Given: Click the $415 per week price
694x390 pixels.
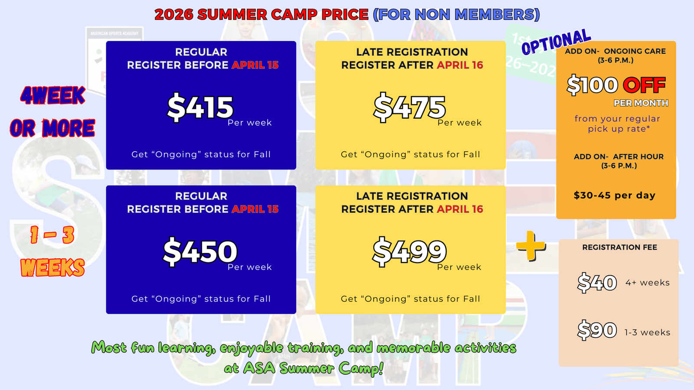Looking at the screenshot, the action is [200, 107].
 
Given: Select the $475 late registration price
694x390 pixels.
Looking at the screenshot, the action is [409, 107].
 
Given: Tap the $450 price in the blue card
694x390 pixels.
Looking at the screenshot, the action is [200, 251].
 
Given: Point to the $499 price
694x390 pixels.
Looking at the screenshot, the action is [409, 251].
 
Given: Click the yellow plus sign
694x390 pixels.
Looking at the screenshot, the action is [531, 246].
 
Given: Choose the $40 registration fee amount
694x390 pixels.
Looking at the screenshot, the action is [597, 283].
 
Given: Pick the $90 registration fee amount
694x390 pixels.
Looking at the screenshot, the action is [597, 330].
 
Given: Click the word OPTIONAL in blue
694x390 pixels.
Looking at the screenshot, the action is [557, 42].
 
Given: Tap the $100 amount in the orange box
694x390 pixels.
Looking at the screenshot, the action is [593, 85].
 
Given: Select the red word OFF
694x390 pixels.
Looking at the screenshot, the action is [644, 85].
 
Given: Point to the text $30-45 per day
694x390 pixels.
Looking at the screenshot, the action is [615, 195].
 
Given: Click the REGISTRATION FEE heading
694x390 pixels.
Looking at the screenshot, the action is [620, 247].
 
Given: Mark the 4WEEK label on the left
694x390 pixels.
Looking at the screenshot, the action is [52, 95].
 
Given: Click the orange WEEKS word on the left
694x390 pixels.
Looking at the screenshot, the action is [52, 267].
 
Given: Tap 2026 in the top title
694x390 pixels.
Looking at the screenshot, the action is [174, 14].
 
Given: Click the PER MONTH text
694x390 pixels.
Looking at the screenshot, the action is [641, 103].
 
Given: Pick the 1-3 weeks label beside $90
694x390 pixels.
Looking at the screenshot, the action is [647, 332].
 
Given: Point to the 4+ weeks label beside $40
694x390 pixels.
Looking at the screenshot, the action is [648, 283].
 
